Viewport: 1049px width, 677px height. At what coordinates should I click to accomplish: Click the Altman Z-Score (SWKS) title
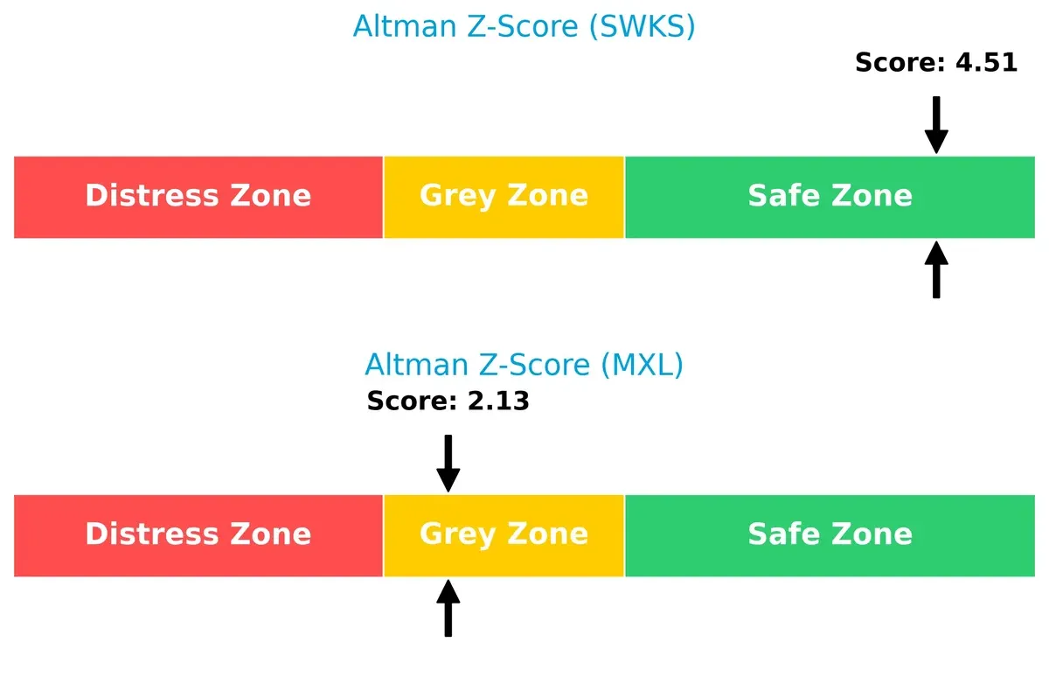tap(524, 26)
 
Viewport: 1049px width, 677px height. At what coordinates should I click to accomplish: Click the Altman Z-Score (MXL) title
tap(524, 364)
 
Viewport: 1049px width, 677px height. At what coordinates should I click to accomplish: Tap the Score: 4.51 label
tap(935, 63)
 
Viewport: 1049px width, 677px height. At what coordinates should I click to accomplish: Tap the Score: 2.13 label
tap(448, 401)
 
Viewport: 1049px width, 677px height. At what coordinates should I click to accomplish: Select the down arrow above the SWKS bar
tap(936, 125)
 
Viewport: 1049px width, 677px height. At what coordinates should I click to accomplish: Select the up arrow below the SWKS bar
tap(936, 270)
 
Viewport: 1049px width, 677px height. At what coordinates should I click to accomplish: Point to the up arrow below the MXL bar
tap(448, 609)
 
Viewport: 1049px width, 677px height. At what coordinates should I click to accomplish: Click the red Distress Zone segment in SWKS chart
tap(198, 197)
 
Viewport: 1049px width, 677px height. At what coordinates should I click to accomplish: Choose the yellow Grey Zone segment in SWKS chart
tap(504, 197)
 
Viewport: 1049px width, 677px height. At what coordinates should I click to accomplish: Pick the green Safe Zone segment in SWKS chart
tap(830, 197)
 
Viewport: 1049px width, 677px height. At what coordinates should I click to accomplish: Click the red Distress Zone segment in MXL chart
tap(198, 535)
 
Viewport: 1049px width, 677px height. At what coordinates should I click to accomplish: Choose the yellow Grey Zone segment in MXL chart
tap(504, 535)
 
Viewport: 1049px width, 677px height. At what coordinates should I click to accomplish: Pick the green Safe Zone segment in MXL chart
tap(830, 535)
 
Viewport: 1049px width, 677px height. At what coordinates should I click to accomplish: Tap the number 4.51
tap(986, 63)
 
